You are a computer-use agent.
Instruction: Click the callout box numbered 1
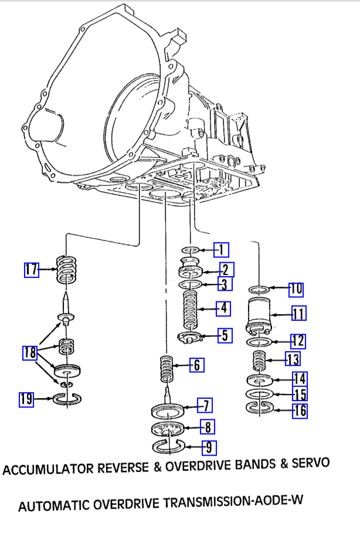coord(220,250)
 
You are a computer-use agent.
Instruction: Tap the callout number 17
coord(31,269)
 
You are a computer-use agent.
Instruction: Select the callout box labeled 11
coord(298,314)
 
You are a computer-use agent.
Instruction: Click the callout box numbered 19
coord(26,400)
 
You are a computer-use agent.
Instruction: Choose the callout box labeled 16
coord(300,410)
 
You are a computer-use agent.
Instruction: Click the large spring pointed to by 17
coord(67,270)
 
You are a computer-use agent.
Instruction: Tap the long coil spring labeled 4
coord(191,309)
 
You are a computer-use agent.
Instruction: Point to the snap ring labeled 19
coord(67,400)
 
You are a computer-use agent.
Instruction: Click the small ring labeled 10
coord(259,289)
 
